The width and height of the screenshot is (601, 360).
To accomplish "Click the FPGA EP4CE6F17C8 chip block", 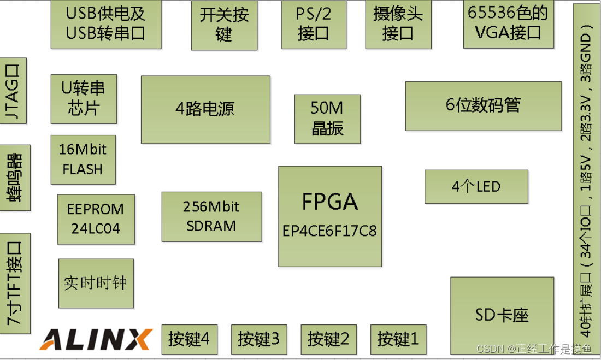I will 330,216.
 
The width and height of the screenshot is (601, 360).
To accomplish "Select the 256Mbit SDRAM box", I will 211,216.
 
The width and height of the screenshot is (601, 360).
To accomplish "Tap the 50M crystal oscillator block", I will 327,119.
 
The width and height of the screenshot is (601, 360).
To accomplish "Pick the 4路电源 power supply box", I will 205,109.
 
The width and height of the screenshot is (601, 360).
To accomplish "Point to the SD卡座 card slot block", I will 502,315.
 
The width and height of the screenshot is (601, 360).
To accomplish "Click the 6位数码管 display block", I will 483,106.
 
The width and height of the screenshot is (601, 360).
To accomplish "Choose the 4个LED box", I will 476,187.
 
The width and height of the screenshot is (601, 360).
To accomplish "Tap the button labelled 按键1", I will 398,339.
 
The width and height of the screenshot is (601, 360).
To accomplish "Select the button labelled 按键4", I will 189,339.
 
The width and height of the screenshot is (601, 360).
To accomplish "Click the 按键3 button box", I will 258,339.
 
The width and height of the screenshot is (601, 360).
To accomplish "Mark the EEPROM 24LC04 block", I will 96,219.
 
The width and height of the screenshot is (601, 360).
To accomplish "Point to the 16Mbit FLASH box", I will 83,160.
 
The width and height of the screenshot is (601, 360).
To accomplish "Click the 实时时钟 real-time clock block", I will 96,283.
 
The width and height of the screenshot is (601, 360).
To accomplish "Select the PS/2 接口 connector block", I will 314,24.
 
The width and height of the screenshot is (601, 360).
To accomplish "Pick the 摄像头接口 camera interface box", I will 398,24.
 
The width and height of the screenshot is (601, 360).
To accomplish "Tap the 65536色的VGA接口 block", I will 508,24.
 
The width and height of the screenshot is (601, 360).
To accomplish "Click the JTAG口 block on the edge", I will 13,91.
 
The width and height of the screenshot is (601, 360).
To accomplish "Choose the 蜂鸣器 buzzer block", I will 15,178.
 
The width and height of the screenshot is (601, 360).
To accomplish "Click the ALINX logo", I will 96,339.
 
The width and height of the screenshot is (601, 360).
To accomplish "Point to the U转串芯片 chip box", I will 84,99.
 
